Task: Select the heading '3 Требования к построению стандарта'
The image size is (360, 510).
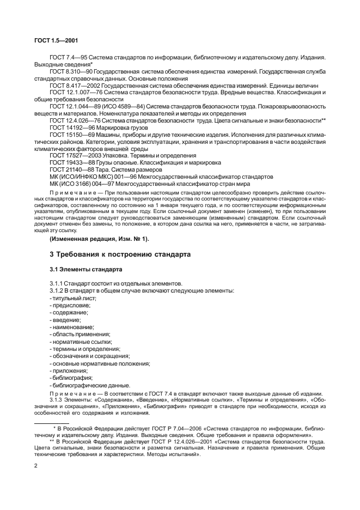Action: [x=113, y=240]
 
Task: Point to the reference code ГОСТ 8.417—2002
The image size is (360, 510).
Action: [x=74, y=86]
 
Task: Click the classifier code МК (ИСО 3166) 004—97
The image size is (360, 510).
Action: [x=82, y=184]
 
